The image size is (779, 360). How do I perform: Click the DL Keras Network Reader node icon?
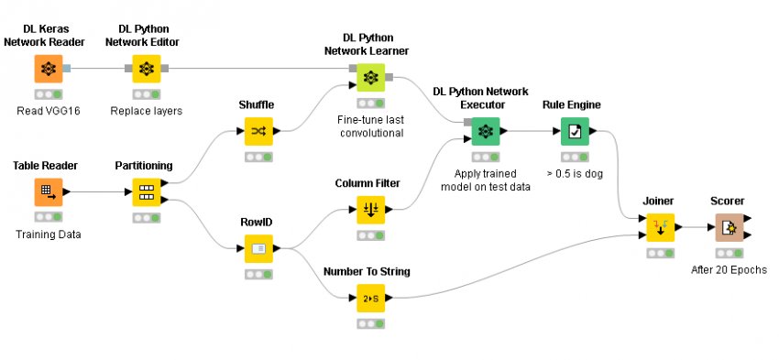[49, 69]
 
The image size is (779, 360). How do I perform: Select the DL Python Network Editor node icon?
[146, 69]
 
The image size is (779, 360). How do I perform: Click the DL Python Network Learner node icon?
[370, 78]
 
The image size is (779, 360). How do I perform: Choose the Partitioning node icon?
[146, 192]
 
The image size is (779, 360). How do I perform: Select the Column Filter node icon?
[370, 211]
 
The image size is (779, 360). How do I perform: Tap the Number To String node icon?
[370, 298]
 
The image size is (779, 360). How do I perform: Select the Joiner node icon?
[660, 227]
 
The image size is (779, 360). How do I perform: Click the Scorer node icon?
[730, 227]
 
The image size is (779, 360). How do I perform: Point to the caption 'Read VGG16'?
[49, 111]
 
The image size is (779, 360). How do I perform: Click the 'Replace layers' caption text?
[147, 111]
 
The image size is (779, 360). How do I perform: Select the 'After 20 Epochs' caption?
[730, 269]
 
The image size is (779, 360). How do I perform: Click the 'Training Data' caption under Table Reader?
[49, 235]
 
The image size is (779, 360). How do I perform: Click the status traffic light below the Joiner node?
[660, 253]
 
